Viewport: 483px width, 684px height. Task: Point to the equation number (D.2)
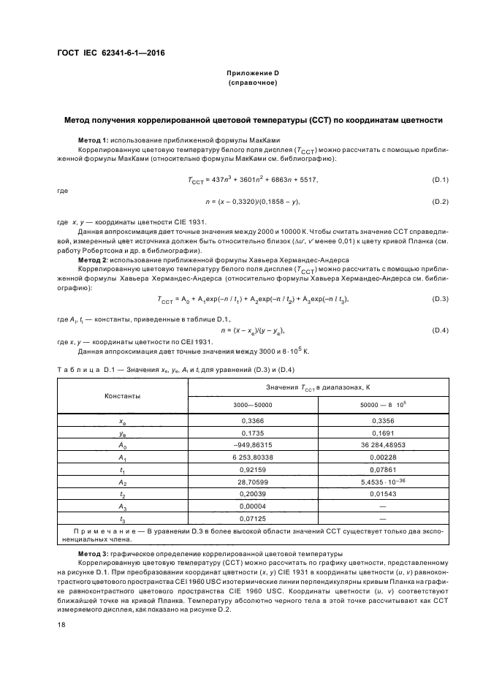[440, 201]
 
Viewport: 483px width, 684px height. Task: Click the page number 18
[61, 626]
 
